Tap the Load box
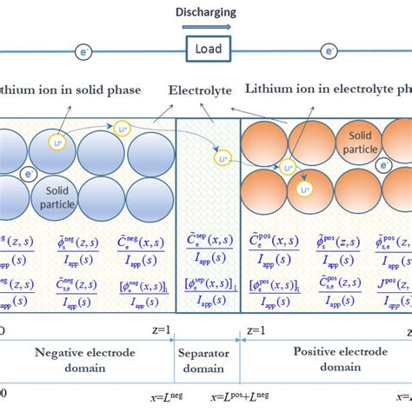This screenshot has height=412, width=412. [x=208, y=50]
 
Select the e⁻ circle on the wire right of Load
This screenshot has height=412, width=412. [x=329, y=52]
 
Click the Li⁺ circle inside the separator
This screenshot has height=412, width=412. [x=223, y=159]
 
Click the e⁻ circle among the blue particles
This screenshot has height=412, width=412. [x=29, y=175]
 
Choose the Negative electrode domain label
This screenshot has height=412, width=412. [x=88, y=356]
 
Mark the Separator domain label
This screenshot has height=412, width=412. [x=205, y=356]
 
